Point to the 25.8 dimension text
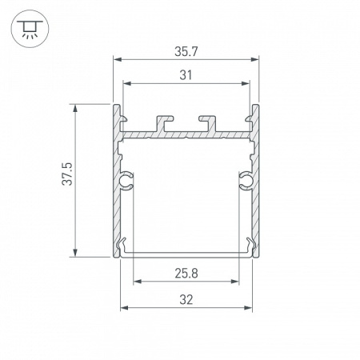(186, 273)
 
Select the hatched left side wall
(117, 200)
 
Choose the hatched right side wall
(257, 200)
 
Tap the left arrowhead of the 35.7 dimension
(116, 59)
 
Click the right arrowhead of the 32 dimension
(250, 307)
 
